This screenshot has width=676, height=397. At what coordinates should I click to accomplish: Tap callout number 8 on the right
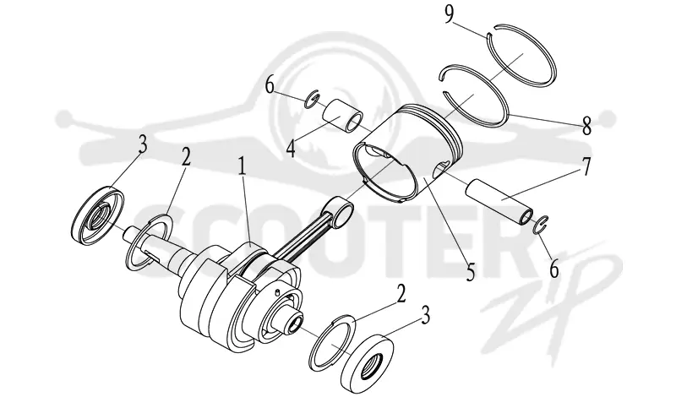click(x=586, y=127)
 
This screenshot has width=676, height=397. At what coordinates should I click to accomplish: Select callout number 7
click(x=586, y=166)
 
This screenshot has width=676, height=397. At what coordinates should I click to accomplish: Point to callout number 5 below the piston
click(x=471, y=272)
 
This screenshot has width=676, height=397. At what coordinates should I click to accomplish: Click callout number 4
click(x=291, y=149)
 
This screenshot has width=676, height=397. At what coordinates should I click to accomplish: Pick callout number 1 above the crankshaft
click(x=242, y=166)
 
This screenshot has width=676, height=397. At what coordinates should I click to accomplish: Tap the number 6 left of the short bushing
click(x=270, y=86)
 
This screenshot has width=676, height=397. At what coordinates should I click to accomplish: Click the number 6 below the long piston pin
click(x=554, y=269)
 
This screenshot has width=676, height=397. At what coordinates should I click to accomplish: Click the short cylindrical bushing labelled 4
click(x=343, y=116)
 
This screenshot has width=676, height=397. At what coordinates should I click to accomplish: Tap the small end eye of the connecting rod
click(x=341, y=210)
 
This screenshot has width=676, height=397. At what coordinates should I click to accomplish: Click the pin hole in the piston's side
click(x=440, y=169)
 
